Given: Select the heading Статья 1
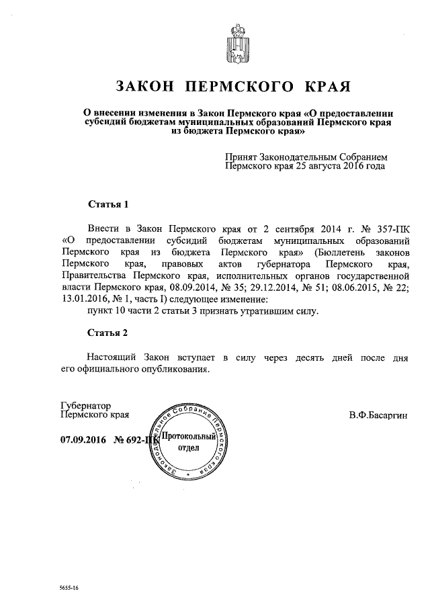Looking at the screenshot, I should (x=107, y=204).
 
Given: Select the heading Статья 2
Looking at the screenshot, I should (x=107, y=333).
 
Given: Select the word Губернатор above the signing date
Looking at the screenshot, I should (x=85, y=406).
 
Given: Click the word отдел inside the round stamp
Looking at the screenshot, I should (x=189, y=449).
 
